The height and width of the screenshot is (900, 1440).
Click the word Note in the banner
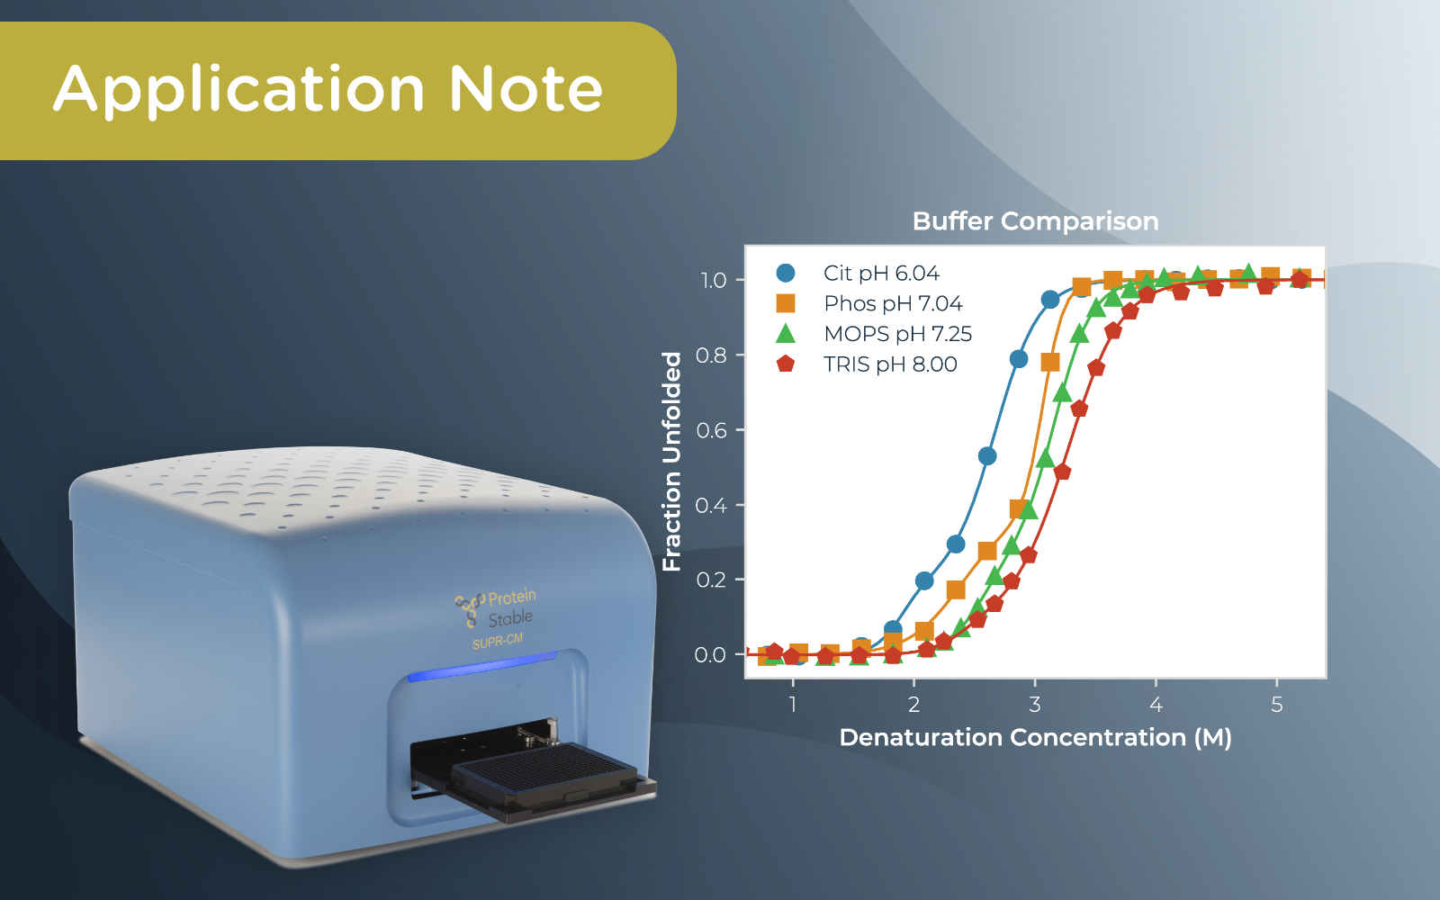pos(526,89)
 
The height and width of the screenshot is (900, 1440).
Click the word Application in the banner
pos(239,91)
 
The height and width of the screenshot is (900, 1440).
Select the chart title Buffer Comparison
pos(1035,221)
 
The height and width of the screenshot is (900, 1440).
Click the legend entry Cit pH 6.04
pos(880,273)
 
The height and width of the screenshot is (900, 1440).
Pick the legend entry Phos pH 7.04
pos(892,303)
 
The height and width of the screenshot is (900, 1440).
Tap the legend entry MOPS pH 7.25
pos(897,334)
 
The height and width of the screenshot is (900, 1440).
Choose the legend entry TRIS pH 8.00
pos(889,364)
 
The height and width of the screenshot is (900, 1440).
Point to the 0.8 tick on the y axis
pos(712,355)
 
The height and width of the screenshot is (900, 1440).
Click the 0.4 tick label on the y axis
pos(712,505)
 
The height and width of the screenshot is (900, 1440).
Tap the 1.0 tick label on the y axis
pos(714,281)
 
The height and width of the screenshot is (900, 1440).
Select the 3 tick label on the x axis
pos(1035,705)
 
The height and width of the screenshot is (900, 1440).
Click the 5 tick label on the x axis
pos(1276,705)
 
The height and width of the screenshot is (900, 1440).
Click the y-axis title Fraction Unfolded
pos(672,461)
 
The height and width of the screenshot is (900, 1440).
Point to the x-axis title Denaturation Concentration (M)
pos(1035,738)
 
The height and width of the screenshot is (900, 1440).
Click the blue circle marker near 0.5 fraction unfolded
pos(987,456)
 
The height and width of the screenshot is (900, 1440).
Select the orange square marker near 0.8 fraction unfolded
pos(1050,362)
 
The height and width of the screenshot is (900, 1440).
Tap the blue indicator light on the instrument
pos(482,667)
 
